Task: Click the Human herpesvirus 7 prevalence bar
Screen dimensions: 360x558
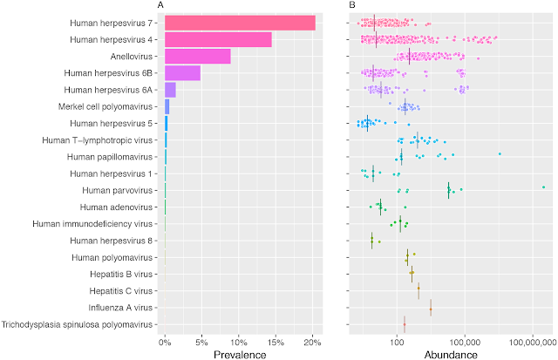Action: tap(240, 23)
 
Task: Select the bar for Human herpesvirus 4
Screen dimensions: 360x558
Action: tap(218, 39)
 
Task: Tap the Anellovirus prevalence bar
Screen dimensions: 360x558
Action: tap(198, 56)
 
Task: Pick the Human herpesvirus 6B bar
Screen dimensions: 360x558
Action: tap(182, 72)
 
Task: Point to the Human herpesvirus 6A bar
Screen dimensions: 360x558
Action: tap(170, 90)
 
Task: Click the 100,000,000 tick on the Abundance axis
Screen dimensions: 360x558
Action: tap(531, 343)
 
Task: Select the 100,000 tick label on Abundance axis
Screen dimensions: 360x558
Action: tap(465, 343)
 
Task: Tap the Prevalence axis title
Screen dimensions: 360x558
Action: tap(239, 354)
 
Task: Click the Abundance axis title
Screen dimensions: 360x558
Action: tap(448, 354)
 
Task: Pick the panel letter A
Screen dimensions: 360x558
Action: tap(160, 6)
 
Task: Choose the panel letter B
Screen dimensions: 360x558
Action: tap(351, 6)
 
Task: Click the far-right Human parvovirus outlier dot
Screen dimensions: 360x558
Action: tap(543, 187)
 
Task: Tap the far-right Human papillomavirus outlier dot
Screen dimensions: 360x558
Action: tap(500, 153)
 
